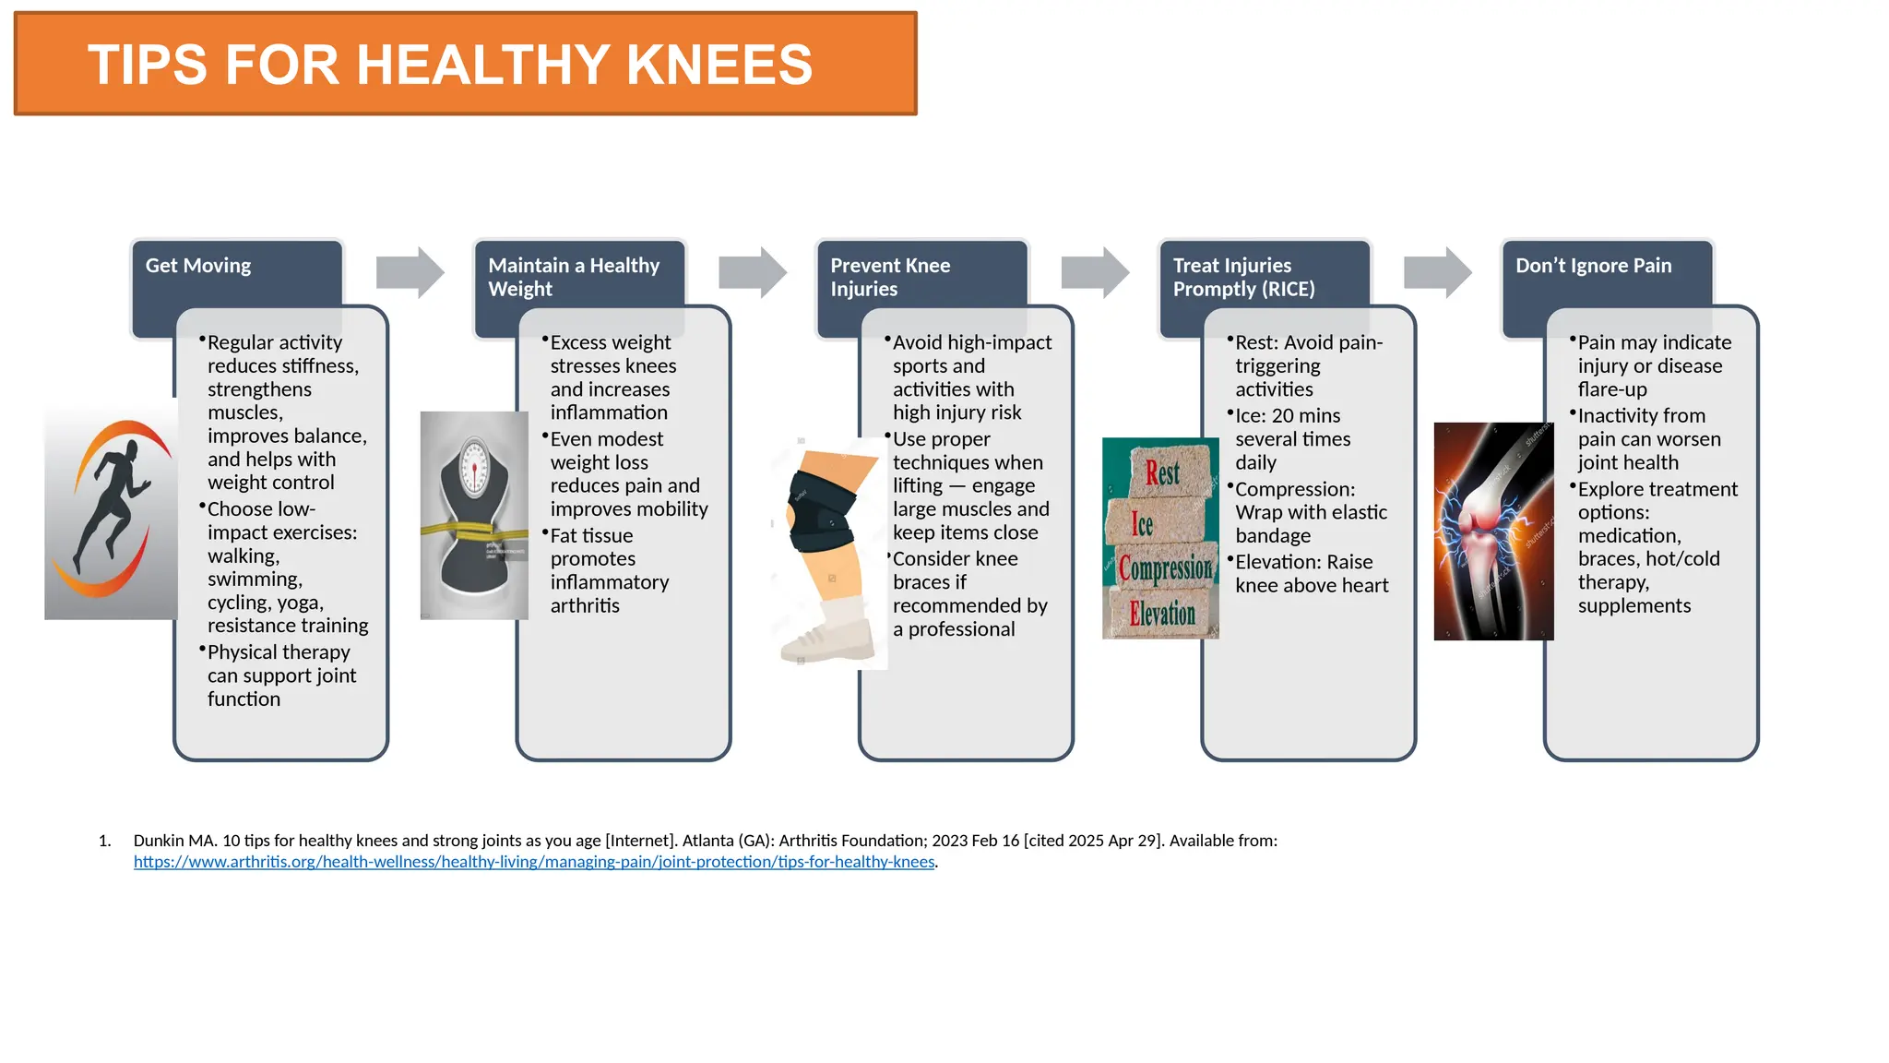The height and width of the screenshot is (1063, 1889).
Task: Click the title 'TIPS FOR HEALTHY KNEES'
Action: tap(450, 65)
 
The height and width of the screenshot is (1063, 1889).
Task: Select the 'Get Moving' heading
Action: tap(198, 266)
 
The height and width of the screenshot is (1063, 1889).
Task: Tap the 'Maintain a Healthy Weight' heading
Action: tap(573, 277)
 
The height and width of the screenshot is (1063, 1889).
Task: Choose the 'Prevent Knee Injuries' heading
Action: tap(890, 277)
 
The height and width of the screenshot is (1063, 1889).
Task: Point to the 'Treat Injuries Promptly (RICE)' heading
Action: tap(1243, 277)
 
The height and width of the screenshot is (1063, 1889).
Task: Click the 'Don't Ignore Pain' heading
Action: tap(1593, 266)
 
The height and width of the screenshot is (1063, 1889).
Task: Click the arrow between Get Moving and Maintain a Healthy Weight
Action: tap(410, 272)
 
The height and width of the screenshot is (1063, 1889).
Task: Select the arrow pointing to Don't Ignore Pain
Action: tap(1437, 272)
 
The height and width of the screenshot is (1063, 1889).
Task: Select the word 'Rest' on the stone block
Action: tap(1162, 473)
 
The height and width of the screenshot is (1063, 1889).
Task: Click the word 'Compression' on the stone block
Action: tap(1165, 567)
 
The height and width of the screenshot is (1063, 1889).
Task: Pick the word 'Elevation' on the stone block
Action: tap(1162, 613)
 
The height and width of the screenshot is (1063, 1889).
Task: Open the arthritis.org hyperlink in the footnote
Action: tap(534, 862)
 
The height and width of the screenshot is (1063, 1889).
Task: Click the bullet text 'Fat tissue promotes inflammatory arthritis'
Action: tap(609, 570)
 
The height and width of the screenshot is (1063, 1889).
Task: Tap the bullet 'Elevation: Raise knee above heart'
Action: tap(1311, 573)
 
